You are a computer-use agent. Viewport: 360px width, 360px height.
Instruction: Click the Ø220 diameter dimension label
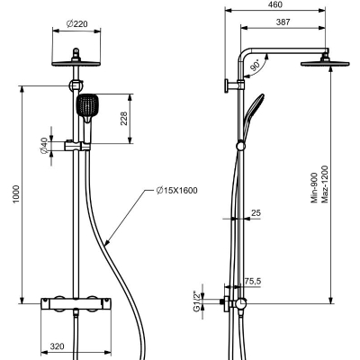(77, 23)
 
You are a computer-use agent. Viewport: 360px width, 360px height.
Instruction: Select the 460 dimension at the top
(275, 4)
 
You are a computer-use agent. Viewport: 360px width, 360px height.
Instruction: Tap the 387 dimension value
(283, 22)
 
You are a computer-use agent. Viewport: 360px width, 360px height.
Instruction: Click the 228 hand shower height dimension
(124, 119)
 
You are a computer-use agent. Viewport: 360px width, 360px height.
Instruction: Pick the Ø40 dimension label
(44, 146)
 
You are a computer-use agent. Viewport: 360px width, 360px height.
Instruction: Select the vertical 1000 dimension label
(15, 194)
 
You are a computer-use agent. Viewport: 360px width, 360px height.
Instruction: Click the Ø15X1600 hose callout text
(176, 190)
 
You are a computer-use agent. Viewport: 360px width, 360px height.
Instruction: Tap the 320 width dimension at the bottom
(57, 346)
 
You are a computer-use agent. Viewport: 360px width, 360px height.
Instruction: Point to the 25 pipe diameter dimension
(256, 213)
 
